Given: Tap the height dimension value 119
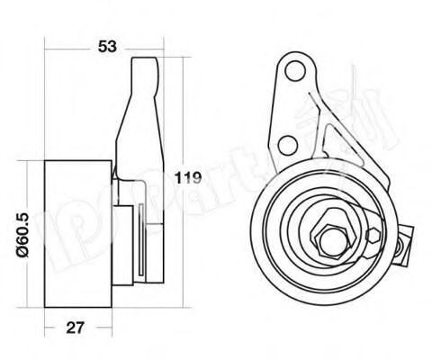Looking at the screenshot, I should pyautogui.click(x=186, y=176).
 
